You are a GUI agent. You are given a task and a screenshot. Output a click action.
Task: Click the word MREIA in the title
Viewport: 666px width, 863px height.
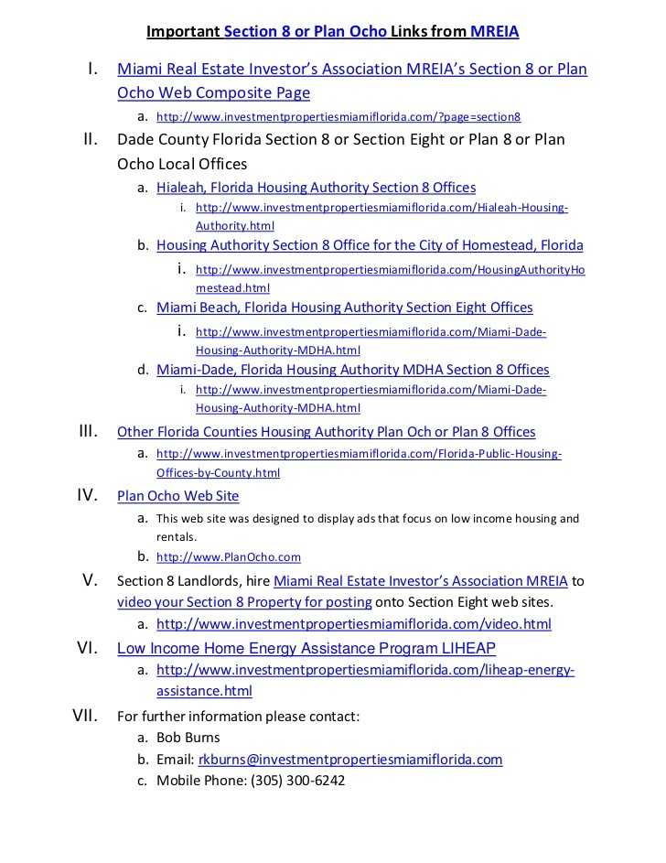point(494,32)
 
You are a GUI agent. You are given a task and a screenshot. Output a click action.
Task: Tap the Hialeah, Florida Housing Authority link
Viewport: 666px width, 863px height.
point(316,188)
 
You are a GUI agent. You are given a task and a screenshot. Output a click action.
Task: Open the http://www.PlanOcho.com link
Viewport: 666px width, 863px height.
point(228,556)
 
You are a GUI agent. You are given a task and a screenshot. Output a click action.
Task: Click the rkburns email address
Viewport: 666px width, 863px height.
point(349,760)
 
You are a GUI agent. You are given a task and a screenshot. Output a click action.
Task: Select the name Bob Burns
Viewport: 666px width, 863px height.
point(188,738)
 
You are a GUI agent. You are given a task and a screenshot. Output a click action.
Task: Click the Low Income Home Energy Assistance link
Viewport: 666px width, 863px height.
point(306,649)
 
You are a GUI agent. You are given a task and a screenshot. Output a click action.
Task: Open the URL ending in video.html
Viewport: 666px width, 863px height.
point(353,624)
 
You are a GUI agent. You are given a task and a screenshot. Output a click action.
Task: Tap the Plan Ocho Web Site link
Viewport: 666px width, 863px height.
point(178,496)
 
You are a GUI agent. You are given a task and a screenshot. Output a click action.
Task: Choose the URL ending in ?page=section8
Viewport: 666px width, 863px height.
point(338,117)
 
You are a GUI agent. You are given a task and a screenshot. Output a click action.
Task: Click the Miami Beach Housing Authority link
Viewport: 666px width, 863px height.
point(344,307)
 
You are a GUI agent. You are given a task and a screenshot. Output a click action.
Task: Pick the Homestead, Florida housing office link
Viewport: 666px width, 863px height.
point(370,245)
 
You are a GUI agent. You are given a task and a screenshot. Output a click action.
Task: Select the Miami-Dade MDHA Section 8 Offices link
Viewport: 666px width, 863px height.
point(352,370)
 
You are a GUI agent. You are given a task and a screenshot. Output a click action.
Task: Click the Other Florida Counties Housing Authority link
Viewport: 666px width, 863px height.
point(326,432)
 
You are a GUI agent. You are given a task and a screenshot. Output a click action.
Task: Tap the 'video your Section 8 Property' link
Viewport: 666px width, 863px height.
point(244,602)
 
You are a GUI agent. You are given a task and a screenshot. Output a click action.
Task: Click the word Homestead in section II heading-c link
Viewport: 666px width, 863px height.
point(501,245)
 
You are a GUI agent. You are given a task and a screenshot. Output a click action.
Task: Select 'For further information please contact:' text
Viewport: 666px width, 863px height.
point(238,717)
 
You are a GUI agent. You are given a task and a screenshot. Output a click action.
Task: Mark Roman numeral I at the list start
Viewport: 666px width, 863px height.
point(92,69)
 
